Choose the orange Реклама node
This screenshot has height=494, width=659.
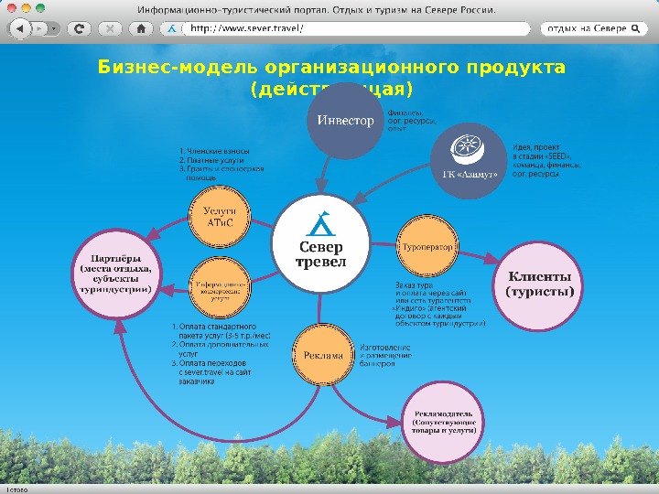(x=322, y=355)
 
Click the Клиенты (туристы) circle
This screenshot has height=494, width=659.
(x=539, y=284)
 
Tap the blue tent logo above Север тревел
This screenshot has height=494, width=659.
(x=320, y=222)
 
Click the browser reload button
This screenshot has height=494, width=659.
(x=81, y=28)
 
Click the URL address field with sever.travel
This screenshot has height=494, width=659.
(x=357, y=28)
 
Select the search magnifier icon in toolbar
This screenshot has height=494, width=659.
(x=633, y=28)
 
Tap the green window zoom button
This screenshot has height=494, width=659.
(x=40, y=8)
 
